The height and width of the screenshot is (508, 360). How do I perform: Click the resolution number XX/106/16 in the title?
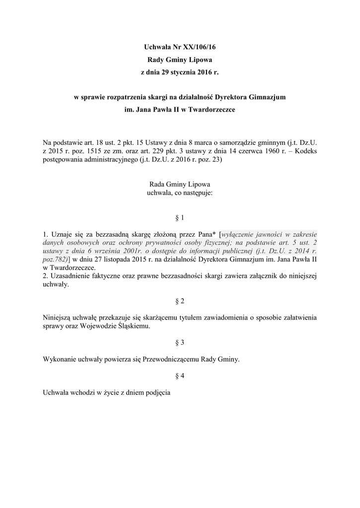pyautogui.click(x=198, y=47)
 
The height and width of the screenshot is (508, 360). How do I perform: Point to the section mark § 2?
pyautogui.click(x=180, y=301)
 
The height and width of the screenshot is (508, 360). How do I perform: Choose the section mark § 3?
pyautogui.click(x=180, y=343)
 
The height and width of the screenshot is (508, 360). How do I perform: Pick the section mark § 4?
pyautogui.click(x=180, y=376)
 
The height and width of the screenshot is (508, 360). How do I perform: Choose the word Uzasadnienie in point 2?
pyautogui.click(x=70, y=276)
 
